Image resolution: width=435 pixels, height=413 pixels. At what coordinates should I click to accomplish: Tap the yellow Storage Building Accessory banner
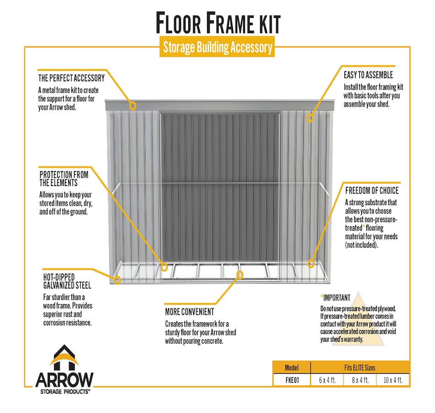[x=217, y=47]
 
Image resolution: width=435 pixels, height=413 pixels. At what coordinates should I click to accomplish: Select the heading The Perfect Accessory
[x=71, y=78]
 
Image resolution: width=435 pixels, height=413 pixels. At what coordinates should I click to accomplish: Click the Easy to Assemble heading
[x=368, y=75]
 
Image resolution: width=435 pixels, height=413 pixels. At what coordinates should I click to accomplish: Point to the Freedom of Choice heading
[x=372, y=191]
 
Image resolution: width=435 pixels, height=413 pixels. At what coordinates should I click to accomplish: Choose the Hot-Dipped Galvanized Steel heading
[x=65, y=281]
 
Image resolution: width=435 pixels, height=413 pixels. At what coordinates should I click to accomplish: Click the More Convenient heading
[x=190, y=312]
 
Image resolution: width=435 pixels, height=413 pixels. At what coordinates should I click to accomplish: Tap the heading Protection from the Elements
[x=64, y=179]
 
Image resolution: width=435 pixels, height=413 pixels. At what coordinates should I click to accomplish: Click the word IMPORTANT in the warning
[x=337, y=298]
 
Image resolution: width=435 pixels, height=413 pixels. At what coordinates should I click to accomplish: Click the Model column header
[x=292, y=368]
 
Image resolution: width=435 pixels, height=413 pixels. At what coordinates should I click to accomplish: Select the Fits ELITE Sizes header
[x=360, y=368]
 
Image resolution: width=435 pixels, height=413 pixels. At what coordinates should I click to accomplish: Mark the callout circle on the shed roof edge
[x=133, y=106]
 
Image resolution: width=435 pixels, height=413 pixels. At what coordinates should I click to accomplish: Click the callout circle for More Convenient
[x=239, y=274]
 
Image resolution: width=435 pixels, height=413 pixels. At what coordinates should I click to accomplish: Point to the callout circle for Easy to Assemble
[x=310, y=118]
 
